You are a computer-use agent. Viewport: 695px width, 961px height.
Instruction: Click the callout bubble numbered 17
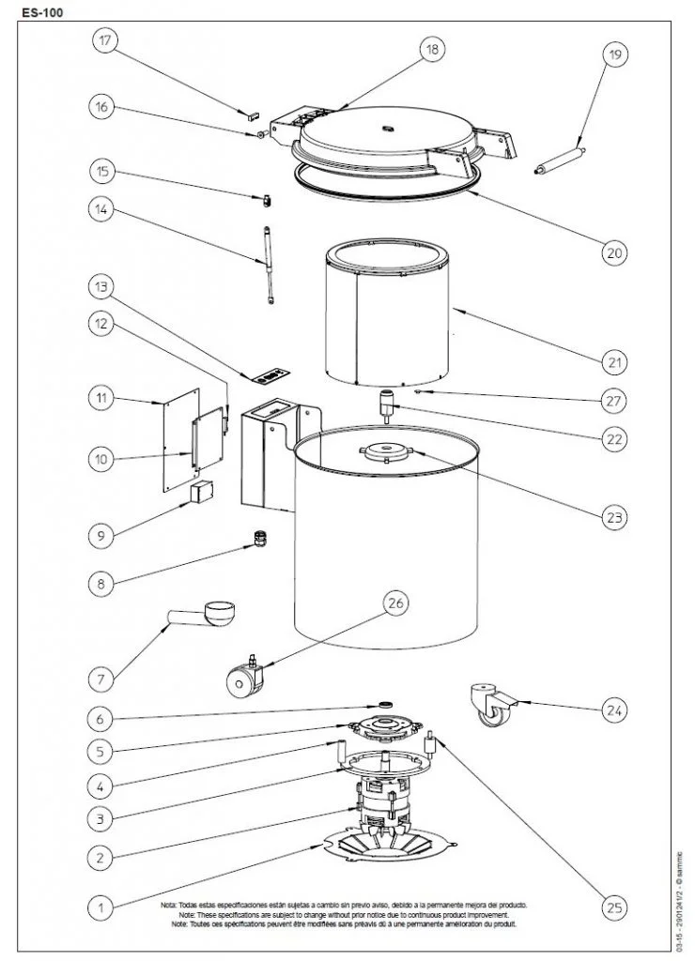[x=104, y=40]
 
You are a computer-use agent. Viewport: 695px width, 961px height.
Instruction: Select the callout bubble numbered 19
[x=614, y=56]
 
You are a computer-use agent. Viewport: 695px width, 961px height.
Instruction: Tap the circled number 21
[x=614, y=361]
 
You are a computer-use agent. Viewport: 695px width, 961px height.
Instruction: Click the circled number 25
[x=614, y=907]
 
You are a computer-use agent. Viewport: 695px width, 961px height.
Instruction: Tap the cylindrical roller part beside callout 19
[x=559, y=160]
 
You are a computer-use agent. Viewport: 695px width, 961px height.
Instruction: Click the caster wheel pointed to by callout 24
[x=491, y=706]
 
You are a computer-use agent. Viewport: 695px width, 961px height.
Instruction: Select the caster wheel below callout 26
[x=244, y=678]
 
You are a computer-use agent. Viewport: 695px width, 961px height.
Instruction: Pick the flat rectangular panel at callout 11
[x=179, y=442]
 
